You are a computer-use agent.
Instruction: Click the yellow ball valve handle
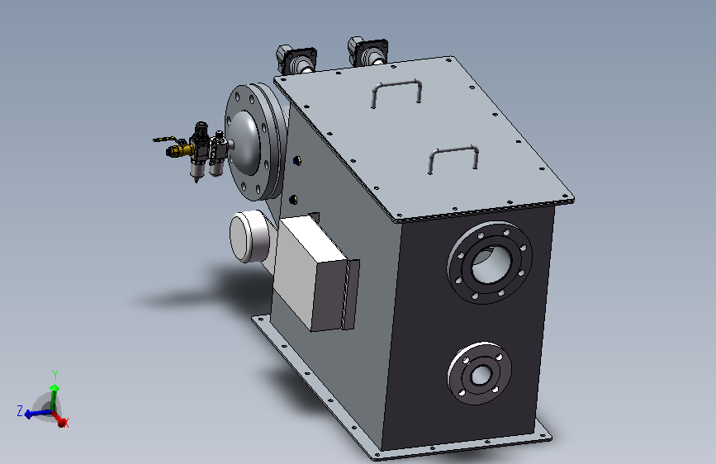164,139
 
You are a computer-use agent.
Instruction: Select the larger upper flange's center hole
491,263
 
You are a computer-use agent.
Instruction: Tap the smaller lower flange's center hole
481,376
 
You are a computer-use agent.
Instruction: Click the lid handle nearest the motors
396,84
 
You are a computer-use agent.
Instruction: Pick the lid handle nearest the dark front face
453,150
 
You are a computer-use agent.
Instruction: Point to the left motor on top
296,59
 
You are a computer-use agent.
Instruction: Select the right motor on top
367,51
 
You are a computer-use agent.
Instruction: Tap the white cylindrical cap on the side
249,236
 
